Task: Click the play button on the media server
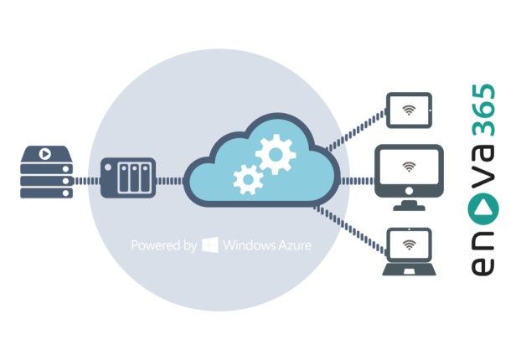44,154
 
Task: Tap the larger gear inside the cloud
276,154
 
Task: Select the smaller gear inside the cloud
248,179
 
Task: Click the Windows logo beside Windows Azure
210,245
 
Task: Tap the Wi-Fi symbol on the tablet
409,110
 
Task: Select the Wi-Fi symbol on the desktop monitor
409,167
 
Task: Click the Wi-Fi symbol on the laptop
409,245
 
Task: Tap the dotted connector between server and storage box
87,181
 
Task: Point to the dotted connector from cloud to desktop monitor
358,181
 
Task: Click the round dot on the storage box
108,167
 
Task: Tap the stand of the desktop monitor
409,205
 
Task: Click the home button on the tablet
431,110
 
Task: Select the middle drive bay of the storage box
135,178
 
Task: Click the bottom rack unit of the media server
46,193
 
